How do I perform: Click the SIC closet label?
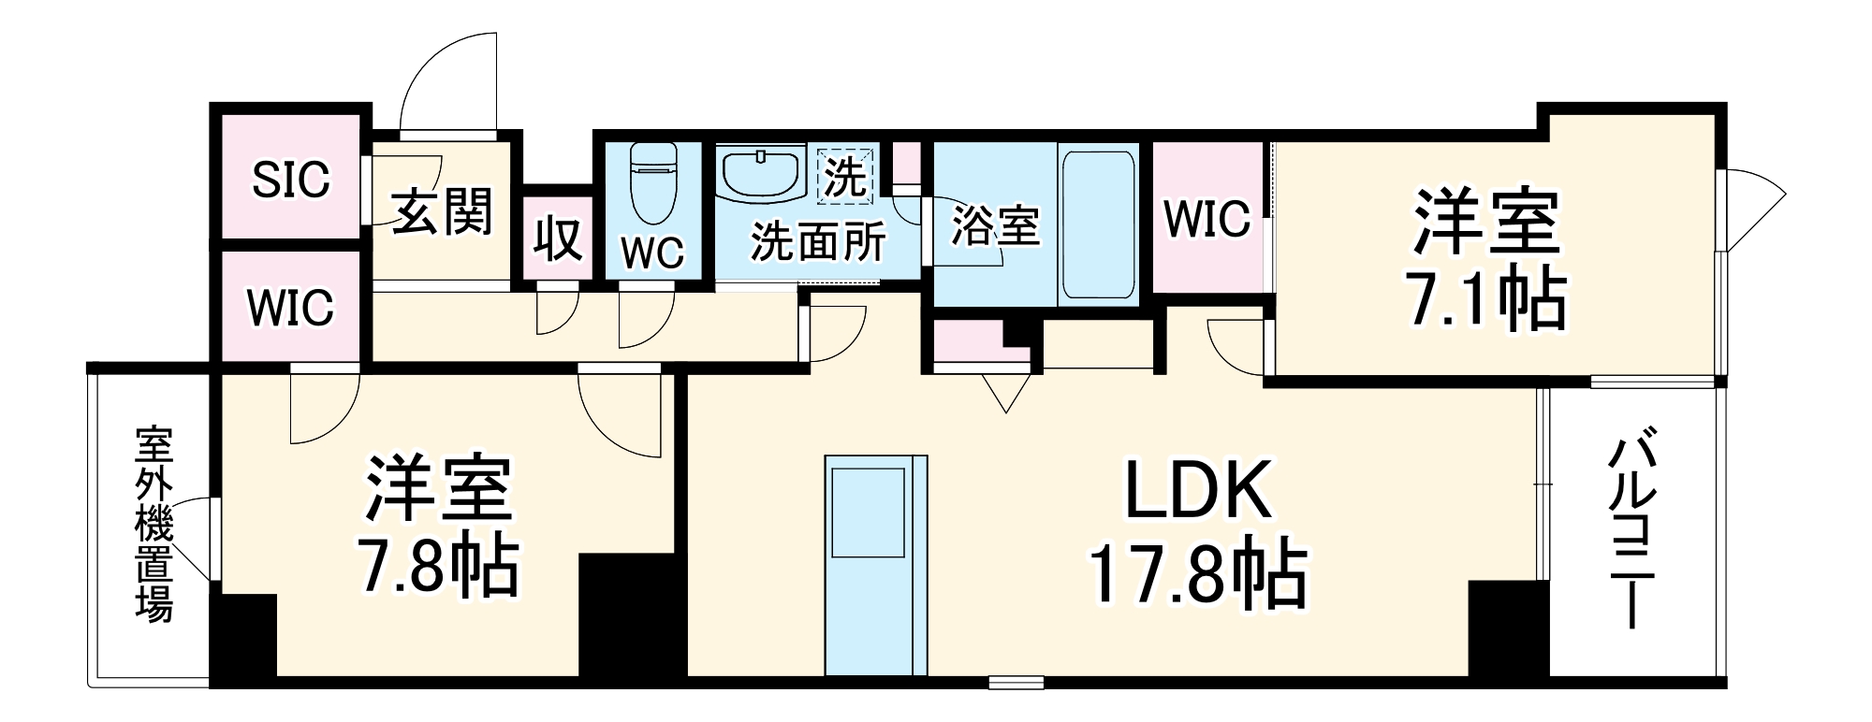(x=291, y=179)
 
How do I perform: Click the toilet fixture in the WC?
(x=651, y=181)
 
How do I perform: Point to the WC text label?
(x=652, y=253)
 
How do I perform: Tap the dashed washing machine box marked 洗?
(x=845, y=176)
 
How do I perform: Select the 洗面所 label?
(x=818, y=242)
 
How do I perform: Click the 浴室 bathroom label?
(x=995, y=225)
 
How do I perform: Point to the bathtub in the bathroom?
(x=1098, y=224)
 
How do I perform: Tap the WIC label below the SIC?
(x=290, y=307)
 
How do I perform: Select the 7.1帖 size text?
(x=1487, y=299)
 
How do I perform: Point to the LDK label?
(x=1198, y=491)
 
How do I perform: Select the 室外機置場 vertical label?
(x=154, y=524)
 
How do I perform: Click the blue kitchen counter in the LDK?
(x=875, y=565)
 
